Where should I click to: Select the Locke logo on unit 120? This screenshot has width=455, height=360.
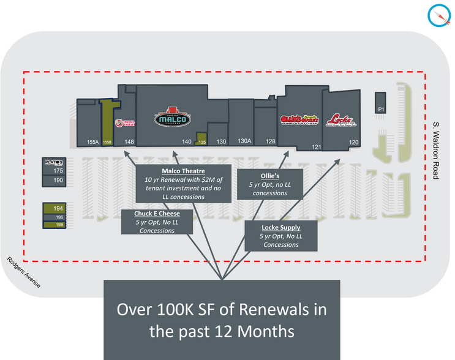[x=341, y=119]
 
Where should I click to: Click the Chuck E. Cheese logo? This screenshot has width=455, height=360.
[x=129, y=123]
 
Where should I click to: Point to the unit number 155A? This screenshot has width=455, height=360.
[x=93, y=142]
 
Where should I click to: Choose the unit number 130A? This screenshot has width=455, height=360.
[x=244, y=141]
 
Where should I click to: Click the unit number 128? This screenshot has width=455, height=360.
[x=270, y=141]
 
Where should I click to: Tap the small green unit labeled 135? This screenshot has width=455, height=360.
[x=202, y=141]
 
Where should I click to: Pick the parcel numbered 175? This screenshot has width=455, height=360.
[x=58, y=171]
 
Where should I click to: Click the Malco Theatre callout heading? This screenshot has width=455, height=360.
[x=183, y=171]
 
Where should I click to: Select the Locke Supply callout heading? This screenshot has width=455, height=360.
[x=281, y=227]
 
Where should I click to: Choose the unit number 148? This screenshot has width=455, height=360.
[x=129, y=141]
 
